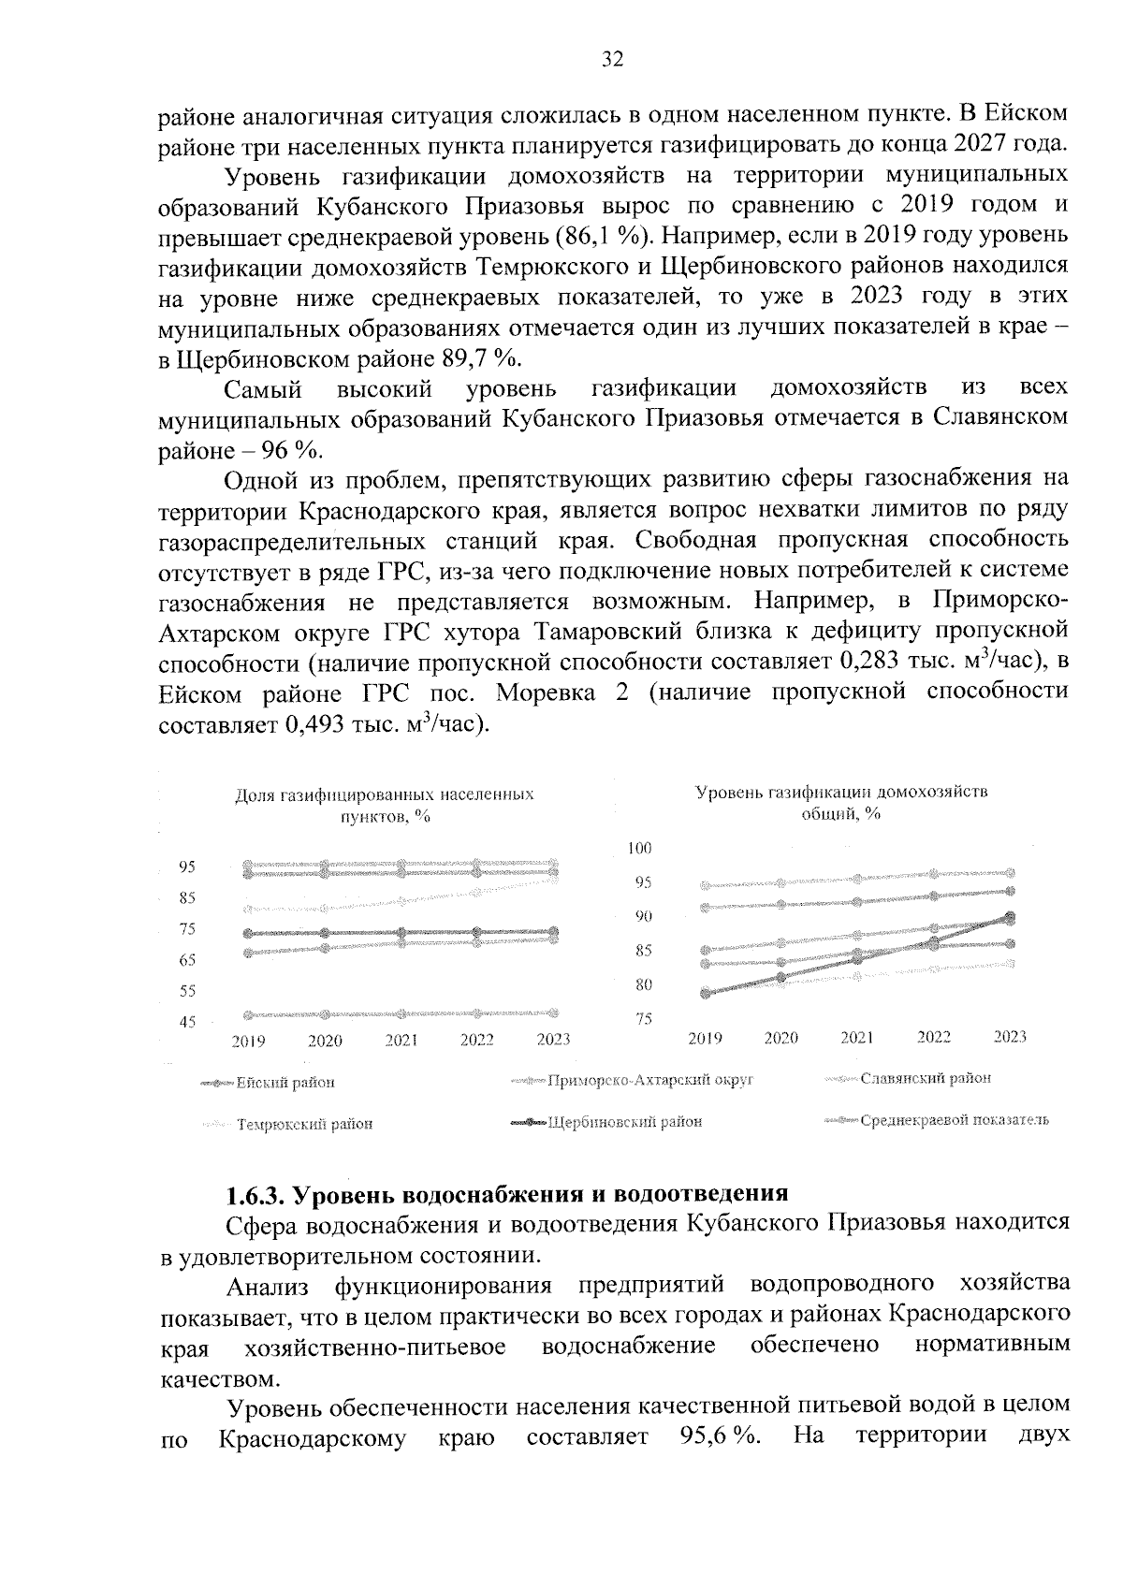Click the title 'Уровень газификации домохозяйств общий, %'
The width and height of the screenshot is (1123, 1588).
(x=841, y=803)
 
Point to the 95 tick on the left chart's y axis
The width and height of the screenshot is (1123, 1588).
(x=186, y=867)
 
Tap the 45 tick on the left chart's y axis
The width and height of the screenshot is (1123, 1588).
(x=186, y=1022)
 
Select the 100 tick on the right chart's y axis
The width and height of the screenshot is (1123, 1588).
(x=640, y=849)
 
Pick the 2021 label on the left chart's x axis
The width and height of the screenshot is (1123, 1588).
(x=401, y=1040)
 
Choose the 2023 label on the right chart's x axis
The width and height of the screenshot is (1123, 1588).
(x=1010, y=1037)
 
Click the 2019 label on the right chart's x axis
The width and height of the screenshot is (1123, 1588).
(x=705, y=1038)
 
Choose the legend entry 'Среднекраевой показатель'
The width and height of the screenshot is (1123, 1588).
(x=954, y=1120)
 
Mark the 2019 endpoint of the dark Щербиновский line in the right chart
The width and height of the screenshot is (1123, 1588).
(x=706, y=994)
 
